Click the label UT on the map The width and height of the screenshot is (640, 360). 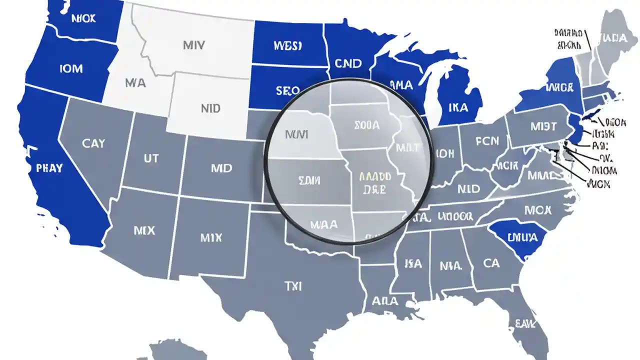tap(151, 158)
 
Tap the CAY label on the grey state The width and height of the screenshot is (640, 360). tap(93, 143)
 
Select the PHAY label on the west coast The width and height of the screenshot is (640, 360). tap(49, 168)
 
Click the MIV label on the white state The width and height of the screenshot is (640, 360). tap(193, 45)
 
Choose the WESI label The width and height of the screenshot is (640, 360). tap(288, 46)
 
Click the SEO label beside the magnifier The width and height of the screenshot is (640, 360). tap(287, 91)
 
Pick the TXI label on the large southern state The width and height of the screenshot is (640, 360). tap(293, 286)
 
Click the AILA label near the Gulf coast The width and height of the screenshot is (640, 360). tap(385, 301)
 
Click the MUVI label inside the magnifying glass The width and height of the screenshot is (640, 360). tap(297, 134)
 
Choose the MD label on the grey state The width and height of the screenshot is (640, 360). tap(221, 168)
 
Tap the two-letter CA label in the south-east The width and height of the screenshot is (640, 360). tap(492, 262)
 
